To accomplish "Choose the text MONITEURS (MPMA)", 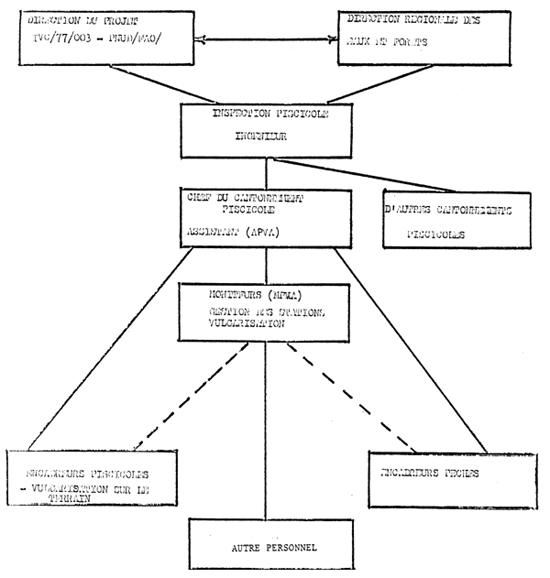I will [255, 296].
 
